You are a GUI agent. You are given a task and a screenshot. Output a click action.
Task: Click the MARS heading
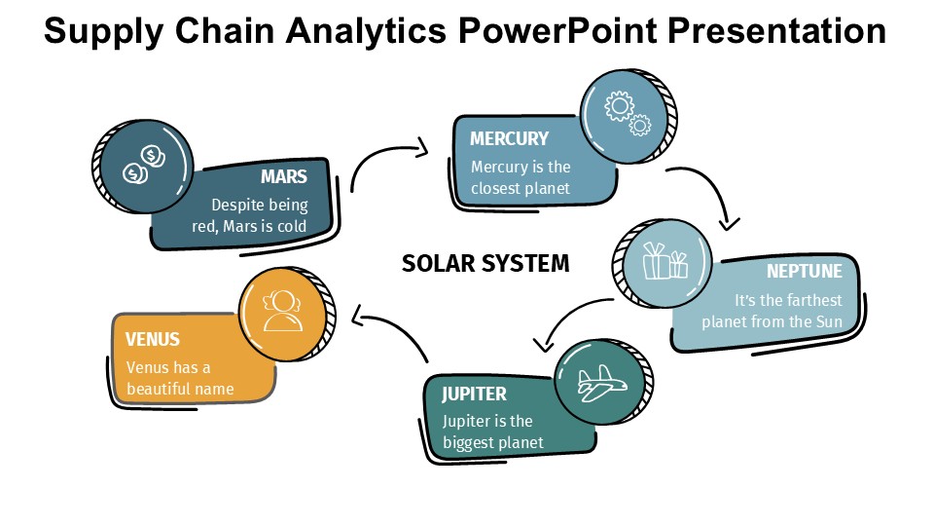coord(283,177)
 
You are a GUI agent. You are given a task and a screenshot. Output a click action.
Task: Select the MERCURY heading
coord(509,138)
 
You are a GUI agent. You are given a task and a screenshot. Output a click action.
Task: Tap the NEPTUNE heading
coord(804,270)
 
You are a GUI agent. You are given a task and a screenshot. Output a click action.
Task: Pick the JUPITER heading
coord(474,394)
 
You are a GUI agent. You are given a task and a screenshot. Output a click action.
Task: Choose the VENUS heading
coord(153,339)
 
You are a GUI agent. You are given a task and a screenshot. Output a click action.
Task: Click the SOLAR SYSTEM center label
coord(485,263)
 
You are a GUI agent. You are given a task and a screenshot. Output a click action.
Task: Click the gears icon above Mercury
coord(627,114)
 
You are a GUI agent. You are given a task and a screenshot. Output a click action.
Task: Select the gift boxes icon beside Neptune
coord(665,261)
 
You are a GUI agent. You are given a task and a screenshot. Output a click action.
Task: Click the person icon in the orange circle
coord(282,310)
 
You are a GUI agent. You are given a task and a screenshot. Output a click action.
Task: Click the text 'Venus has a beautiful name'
coord(180,378)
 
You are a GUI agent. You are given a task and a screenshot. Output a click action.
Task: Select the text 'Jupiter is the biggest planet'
coord(492,432)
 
